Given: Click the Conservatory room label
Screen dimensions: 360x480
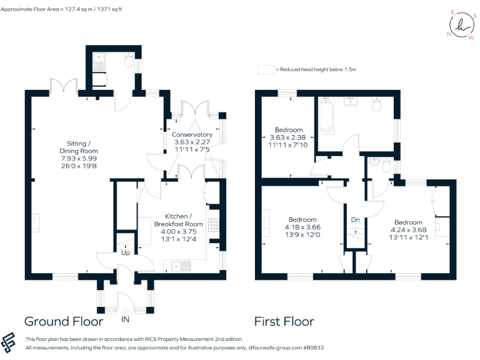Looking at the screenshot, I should [192, 134].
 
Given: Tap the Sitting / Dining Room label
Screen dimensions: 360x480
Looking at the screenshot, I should [79, 147].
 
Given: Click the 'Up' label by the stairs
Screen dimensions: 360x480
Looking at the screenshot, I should [125, 253].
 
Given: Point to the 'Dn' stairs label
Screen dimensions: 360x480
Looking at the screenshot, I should [355, 220].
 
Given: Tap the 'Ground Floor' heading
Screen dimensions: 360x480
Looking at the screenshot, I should [63, 322].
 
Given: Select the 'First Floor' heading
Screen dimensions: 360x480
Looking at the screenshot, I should [284, 322].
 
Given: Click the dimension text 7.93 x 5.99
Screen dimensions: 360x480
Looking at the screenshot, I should [79, 159].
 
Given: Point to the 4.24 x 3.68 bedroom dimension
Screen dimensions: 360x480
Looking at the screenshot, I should [408, 230].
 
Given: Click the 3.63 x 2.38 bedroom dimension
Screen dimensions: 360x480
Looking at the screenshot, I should [287, 137].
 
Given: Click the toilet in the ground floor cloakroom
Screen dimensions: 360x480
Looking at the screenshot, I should [129, 62].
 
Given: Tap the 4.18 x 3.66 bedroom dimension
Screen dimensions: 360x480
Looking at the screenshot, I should [302, 227].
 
